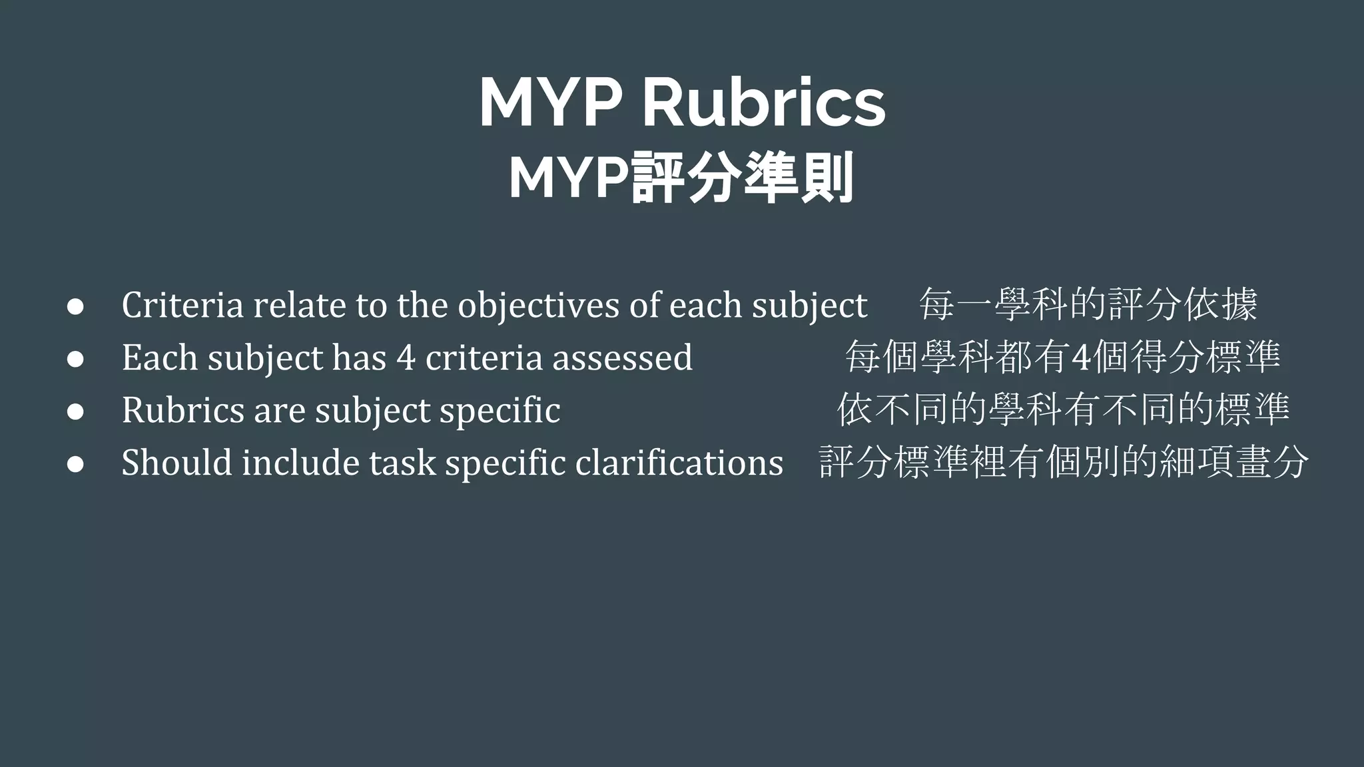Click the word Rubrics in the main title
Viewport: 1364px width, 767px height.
pos(763,103)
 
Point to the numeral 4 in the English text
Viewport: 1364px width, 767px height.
pos(406,358)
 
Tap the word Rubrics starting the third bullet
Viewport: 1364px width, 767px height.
pos(182,409)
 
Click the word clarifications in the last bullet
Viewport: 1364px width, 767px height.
pos(679,462)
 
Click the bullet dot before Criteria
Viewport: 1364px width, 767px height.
pos(75,307)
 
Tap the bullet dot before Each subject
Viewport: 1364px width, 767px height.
pos(75,359)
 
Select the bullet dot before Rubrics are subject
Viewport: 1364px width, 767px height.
pos(75,411)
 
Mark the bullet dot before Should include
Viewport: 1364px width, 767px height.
pos(75,464)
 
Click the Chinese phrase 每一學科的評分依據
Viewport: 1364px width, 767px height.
pos(1088,305)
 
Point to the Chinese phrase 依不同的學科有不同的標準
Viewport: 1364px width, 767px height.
pos(1063,409)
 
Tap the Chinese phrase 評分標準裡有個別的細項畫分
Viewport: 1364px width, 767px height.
pos(1064,462)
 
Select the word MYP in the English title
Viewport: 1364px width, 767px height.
pos(551,103)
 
